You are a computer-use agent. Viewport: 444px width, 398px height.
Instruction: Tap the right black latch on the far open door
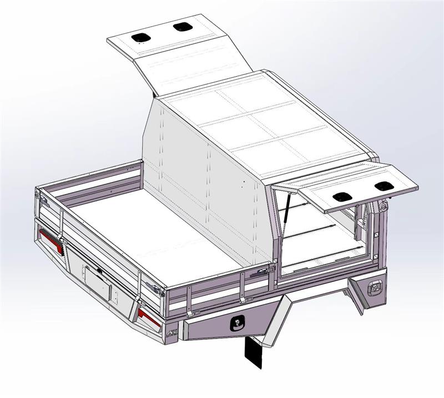[181, 26]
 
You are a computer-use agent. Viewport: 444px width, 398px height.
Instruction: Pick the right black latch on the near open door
[383, 187]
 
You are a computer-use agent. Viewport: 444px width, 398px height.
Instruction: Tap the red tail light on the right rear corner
[149, 318]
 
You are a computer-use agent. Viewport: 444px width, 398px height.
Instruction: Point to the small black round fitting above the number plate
[99, 270]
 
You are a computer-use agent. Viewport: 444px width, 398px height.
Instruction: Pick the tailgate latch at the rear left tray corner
[39, 194]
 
